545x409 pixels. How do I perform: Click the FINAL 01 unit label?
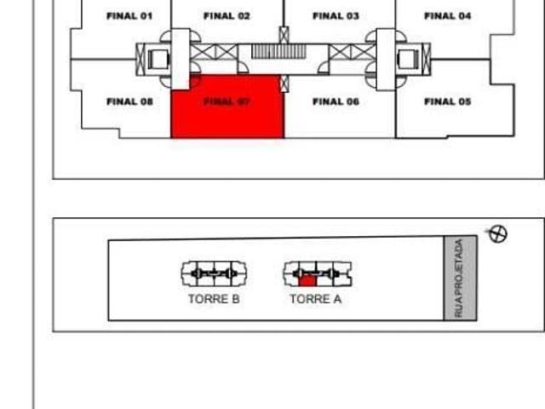tap(129, 16)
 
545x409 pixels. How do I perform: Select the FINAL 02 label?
tap(227, 16)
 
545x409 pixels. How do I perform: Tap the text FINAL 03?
tap(336, 16)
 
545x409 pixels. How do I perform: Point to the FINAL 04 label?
tap(447, 16)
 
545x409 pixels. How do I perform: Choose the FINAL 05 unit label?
tap(447, 101)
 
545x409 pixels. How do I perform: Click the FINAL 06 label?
tap(336, 101)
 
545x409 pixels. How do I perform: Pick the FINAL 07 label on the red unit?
tap(227, 101)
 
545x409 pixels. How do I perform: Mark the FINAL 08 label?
tap(129, 101)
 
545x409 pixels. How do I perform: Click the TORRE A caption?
tap(315, 299)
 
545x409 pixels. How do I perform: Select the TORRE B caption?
tap(214, 299)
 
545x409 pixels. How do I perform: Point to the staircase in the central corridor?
tap(278, 53)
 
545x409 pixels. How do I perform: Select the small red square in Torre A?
tap(308, 279)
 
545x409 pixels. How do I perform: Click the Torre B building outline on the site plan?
tap(214, 274)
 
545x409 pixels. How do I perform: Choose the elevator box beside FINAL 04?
tap(406, 59)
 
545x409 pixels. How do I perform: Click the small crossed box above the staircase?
tap(284, 35)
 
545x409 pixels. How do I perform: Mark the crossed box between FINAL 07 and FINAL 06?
tap(284, 84)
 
